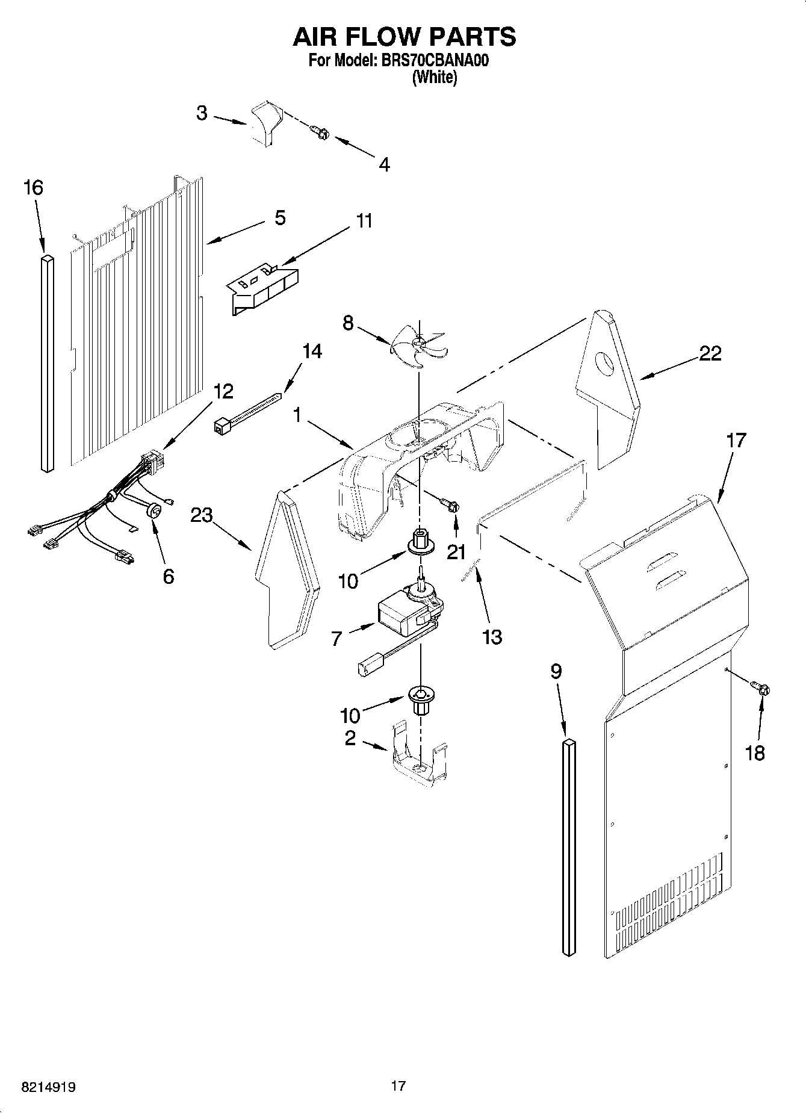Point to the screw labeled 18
760,688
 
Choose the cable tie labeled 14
247,413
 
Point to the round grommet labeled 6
155,510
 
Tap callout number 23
202,515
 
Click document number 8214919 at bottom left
48,1087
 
